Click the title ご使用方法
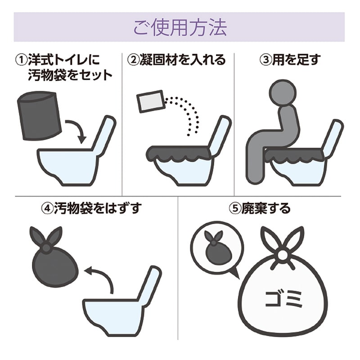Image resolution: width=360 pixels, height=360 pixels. click(180, 27)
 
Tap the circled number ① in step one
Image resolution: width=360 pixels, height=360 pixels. click(21, 60)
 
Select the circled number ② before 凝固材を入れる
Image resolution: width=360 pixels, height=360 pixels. click(134, 60)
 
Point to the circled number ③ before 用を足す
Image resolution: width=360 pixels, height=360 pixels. click(266, 60)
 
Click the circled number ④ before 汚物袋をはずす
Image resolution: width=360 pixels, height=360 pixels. click(48, 208)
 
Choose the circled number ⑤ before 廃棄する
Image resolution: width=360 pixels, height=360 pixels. click(235, 208)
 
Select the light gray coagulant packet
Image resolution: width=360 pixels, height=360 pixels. click(150, 102)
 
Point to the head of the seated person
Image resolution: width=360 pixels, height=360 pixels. click(283, 93)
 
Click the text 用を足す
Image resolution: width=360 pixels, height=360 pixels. click(296, 60)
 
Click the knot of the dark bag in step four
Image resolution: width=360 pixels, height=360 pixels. click(47, 247)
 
